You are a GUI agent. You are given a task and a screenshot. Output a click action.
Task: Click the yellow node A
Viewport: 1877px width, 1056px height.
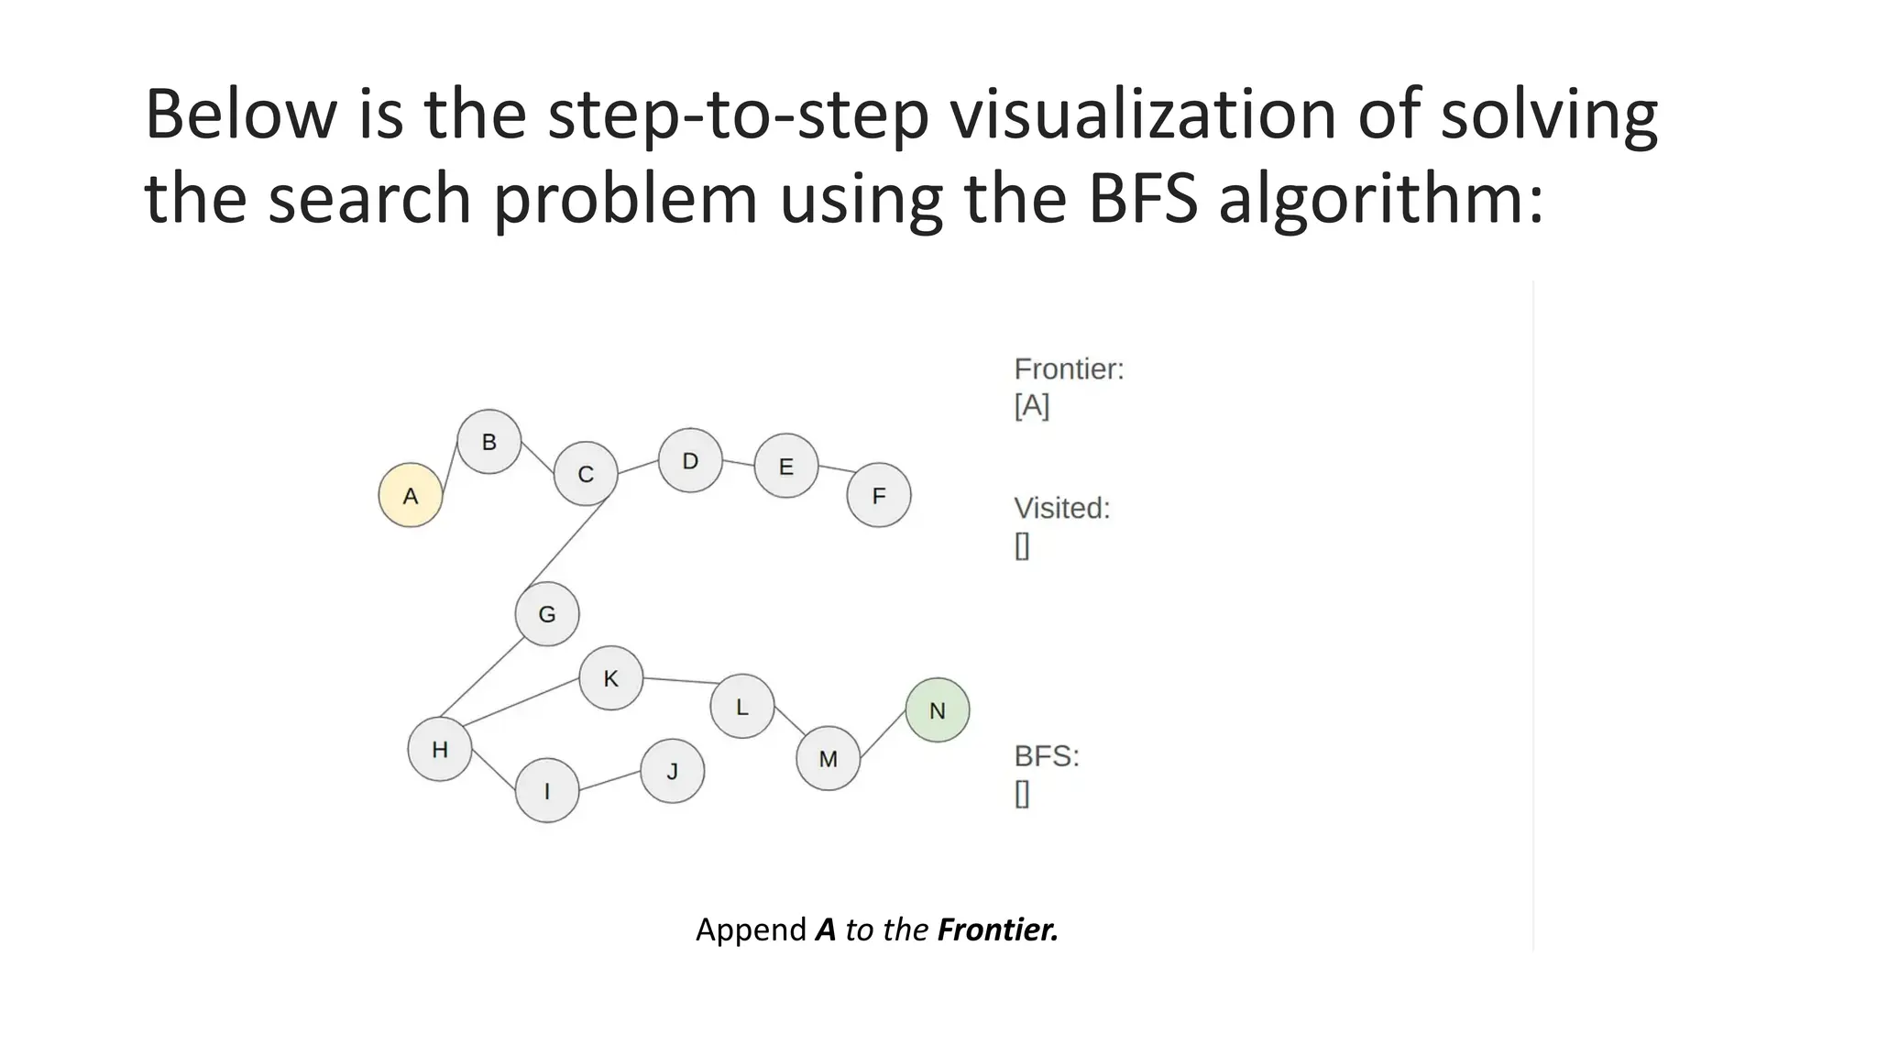point(411,495)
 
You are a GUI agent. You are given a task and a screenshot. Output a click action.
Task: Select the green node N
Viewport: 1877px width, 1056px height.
point(937,709)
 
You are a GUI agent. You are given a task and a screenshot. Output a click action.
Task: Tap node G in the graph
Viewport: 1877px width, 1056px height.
point(547,613)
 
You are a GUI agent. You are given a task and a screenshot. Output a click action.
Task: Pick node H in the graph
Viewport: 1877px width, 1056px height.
point(440,749)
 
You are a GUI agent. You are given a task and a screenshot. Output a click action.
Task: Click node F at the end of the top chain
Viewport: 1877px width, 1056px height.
point(879,495)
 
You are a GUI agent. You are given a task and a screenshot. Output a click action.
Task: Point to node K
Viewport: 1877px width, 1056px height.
point(610,677)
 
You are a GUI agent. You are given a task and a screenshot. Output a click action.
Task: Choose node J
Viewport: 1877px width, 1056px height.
point(672,771)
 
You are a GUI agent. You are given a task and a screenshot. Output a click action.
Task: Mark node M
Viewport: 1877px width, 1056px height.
point(828,758)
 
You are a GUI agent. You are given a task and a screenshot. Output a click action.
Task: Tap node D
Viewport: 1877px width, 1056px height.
point(690,460)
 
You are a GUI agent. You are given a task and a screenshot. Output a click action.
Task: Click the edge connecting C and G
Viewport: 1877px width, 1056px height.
point(568,543)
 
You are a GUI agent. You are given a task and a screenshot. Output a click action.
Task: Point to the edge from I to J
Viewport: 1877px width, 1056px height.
point(609,780)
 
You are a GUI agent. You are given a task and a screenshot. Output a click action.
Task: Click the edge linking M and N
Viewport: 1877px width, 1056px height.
point(883,734)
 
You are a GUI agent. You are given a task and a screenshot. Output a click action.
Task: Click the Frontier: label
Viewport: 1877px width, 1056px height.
point(1069,369)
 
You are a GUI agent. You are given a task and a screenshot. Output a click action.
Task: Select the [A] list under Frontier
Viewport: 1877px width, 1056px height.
point(1032,405)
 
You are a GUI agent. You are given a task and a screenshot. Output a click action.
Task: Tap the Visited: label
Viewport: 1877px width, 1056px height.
point(1061,508)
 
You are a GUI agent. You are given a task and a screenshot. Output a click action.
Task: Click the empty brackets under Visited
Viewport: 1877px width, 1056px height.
point(1022,545)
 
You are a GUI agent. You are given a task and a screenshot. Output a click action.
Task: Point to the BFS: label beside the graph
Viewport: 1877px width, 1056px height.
point(1047,756)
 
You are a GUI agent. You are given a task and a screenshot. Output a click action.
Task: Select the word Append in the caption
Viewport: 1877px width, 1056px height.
point(751,929)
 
